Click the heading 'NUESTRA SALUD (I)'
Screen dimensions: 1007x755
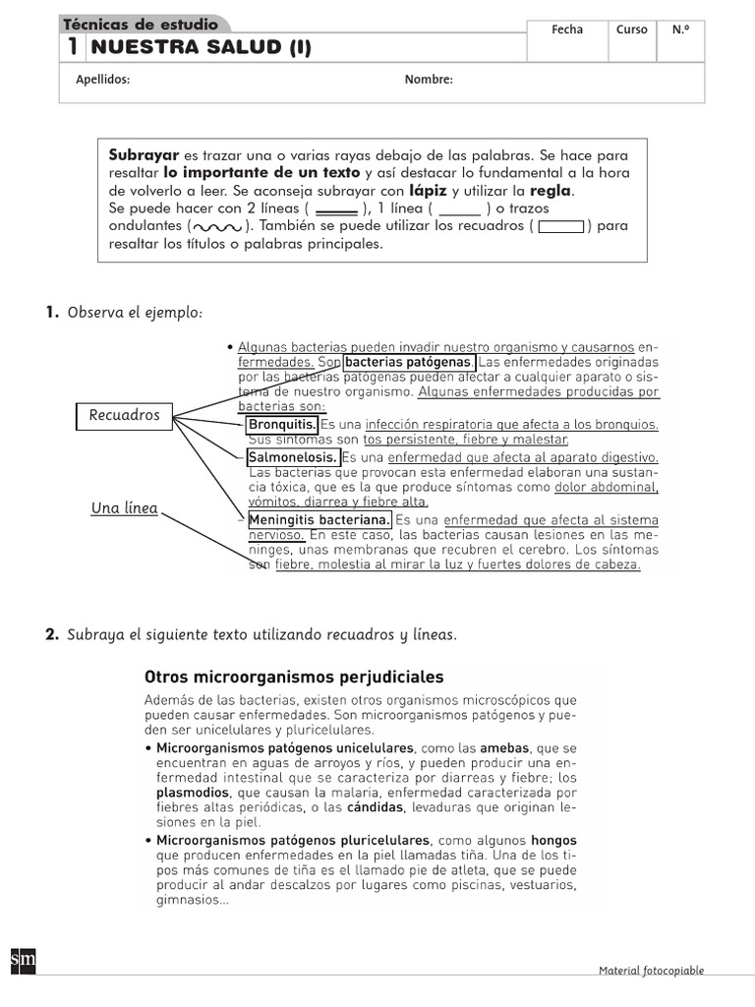click(x=200, y=47)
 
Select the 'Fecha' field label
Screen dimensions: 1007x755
click(x=567, y=30)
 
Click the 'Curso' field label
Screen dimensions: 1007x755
click(x=631, y=30)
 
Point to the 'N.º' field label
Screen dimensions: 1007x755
click(x=680, y=30)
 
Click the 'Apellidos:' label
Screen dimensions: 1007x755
click(x=102, y=81)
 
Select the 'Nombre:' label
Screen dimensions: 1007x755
click(x=429, y=81)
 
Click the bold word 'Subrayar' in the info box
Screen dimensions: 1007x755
click(x=144, y=155)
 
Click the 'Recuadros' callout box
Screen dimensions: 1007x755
click(x=124, y=415)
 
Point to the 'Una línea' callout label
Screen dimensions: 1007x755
click(x=124, y=508)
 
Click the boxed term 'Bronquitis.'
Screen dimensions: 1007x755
click(x=282, y=425)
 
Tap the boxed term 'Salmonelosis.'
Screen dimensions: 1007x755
click(x=293, y=457)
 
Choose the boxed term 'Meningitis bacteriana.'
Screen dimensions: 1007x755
click(x=319, y=519)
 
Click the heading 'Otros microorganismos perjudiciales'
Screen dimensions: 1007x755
click(x=294, y=677)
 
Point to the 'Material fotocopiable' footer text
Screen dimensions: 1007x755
click(x=651, y=971)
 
